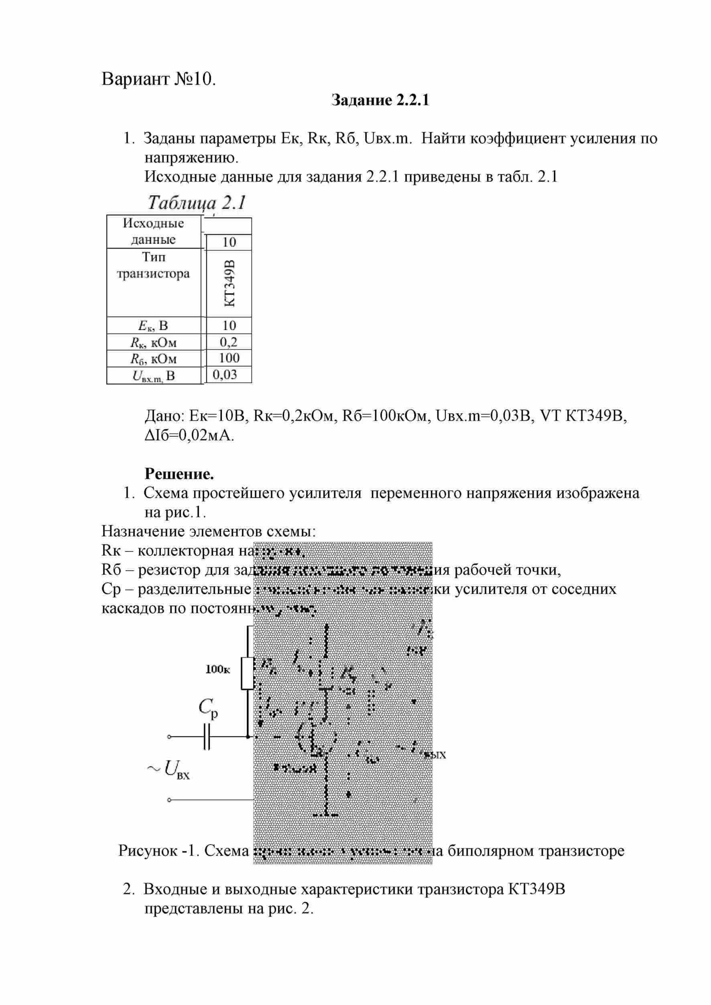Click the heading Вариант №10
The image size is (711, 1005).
[158, 79]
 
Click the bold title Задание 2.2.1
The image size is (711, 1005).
[380, 100]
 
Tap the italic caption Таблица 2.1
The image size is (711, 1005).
[197, 203]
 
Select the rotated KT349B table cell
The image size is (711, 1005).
[229, 283]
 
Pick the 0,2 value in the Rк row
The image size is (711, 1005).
[229, 341]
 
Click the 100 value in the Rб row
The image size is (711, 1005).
[229, 358]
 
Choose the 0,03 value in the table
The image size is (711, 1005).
[225, 375]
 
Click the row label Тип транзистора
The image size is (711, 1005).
[153, 265]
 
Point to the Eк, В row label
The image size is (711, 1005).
[153, 326]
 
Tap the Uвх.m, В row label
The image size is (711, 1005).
[154, 376]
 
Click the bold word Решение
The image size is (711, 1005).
[179, 474]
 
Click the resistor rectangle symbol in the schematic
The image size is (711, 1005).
[248, 673]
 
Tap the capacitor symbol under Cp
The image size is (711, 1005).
[207, 737]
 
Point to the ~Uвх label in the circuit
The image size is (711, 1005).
[169, 769]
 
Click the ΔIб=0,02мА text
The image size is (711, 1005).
[189, 436]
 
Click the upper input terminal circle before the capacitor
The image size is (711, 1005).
[169, 737]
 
